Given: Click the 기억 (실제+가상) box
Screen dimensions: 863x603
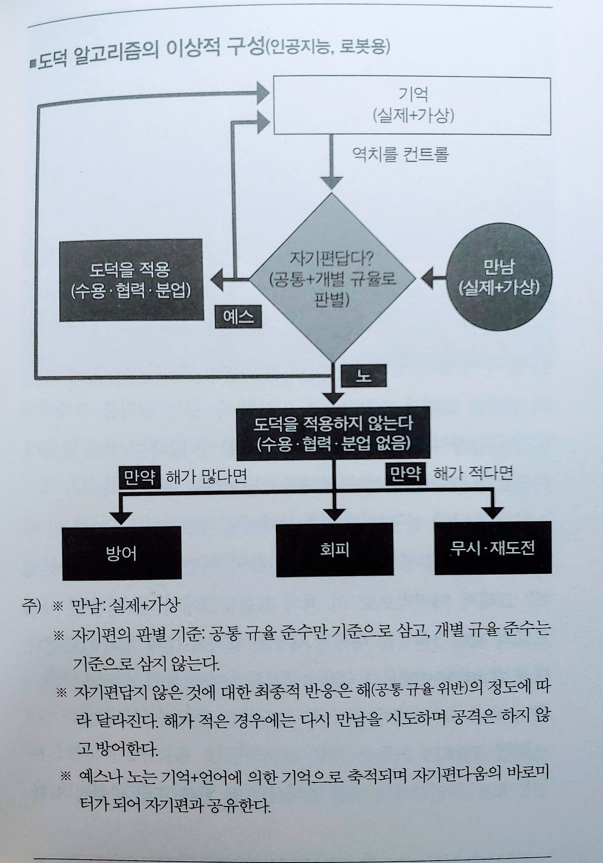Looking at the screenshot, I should tap(412, 106).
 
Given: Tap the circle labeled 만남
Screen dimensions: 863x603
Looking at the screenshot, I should tap(499, 278).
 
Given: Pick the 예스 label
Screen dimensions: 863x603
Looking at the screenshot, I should tap(238, 318).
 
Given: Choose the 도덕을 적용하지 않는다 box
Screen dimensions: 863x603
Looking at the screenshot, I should tap(333, 434).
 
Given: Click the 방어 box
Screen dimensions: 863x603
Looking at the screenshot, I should tap(122, 553).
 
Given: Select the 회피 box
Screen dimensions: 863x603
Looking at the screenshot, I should tap(334, 549).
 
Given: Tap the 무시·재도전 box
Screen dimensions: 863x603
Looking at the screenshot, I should tap(493, 548).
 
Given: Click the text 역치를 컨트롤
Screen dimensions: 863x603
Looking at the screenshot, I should tap(400, 154).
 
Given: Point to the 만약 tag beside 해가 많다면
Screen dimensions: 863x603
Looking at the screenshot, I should tap(140, 478).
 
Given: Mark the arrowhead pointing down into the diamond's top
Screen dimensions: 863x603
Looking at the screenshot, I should tap(333, 183).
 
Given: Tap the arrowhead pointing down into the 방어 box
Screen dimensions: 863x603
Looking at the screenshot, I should tap(122, 516).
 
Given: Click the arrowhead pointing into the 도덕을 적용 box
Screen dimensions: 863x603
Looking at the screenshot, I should tap(217, 280).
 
